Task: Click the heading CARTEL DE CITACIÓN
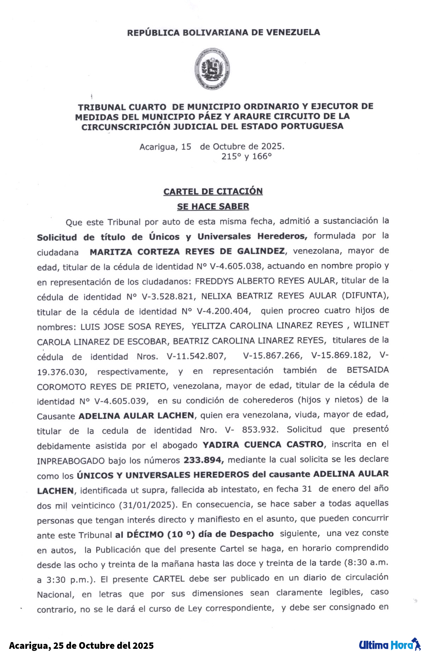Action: click(213, 191)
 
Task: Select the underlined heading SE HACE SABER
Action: click(213, 206)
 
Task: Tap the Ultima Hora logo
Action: click(389, 645)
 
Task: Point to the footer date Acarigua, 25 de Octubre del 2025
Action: click(81, 645)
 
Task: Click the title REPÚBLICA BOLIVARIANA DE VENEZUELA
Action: click(223, 33)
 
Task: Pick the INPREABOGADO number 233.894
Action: click(203, 460)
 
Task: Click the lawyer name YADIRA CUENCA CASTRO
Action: click(263, 445)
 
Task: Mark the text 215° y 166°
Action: click(247, 156)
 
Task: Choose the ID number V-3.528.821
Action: click(168, 297)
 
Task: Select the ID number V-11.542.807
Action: click(196, 356)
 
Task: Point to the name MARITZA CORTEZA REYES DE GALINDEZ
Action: click(187, 252)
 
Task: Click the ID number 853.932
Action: click(260, 430)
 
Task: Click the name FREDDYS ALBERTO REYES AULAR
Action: click(265, 281)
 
